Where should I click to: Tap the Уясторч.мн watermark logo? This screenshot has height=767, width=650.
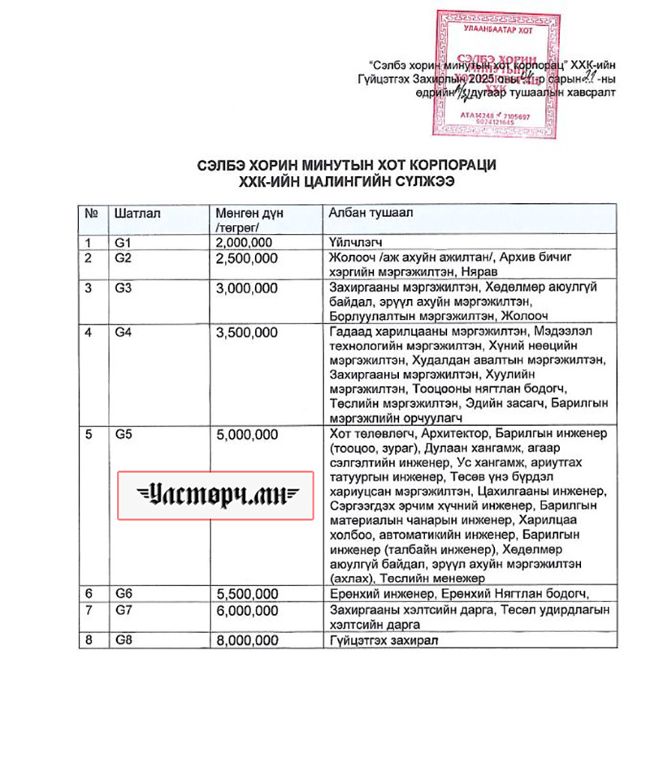pos(216,495)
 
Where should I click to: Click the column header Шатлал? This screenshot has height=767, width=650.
pos(139,213)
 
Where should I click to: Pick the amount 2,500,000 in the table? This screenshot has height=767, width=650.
pos(247,258)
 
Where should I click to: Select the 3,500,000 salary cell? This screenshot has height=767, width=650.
pos(247,332)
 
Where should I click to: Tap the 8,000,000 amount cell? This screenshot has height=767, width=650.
pos(247,640)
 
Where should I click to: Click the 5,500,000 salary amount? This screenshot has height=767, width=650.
pos(247,593)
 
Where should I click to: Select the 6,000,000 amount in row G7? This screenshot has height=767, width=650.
pos(247,609)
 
